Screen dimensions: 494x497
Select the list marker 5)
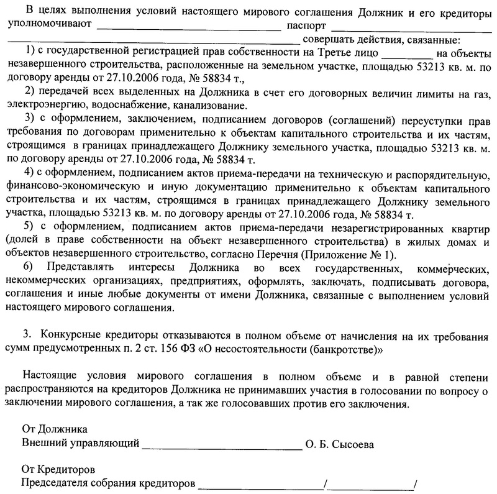tap(29, 225)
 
